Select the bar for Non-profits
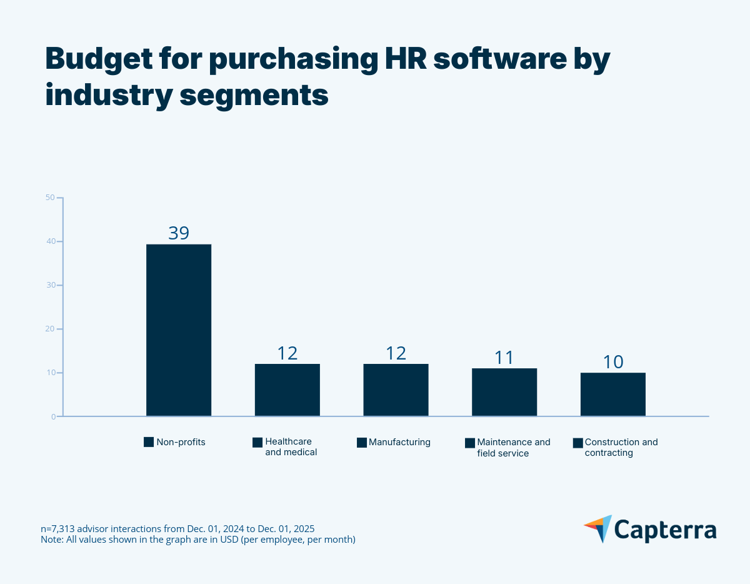point(179,330)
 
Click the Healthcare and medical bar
point(287,390)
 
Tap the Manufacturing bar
point(396,390)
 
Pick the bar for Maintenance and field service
point(504,392)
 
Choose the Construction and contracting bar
point(613,394)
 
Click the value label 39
point(179,233)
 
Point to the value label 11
point(504,358)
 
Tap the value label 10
point(613,362)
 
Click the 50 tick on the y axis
point(50,198)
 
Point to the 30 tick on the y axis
point(50,285)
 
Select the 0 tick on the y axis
point(52,416)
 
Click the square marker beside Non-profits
point(149,442)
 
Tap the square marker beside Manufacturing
point(361,442)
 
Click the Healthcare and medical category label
point(291,446)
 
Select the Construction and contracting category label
point(621,447)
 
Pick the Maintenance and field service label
point(513,447)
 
